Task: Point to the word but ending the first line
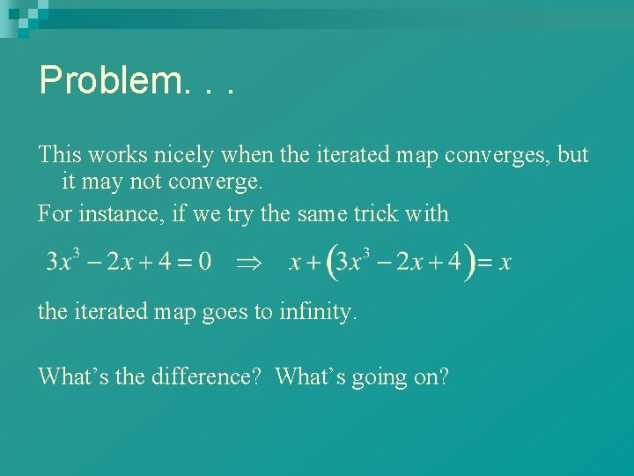573,155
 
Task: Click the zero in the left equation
204,262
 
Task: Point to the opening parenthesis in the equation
330,263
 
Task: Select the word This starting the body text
59,155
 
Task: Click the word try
207,214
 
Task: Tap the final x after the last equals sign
505,263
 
